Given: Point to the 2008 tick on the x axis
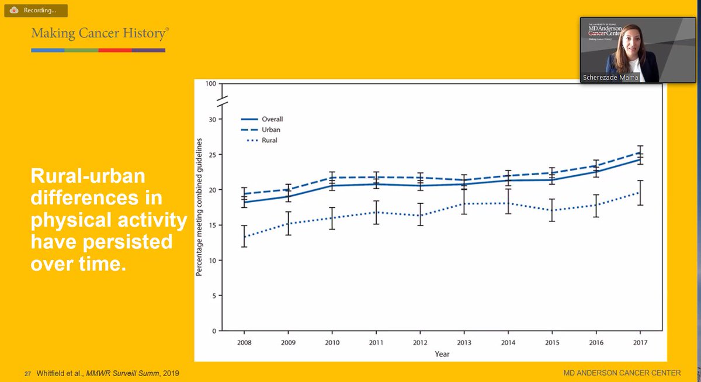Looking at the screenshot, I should tap(244, 342).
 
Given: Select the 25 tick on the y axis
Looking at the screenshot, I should tap(213, 155).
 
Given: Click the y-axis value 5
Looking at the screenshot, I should tap(214, 296).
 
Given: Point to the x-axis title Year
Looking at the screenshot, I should tap(442, 353).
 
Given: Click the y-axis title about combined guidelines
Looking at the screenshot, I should tap(199, 207).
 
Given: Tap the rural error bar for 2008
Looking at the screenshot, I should tap(244, 236).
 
